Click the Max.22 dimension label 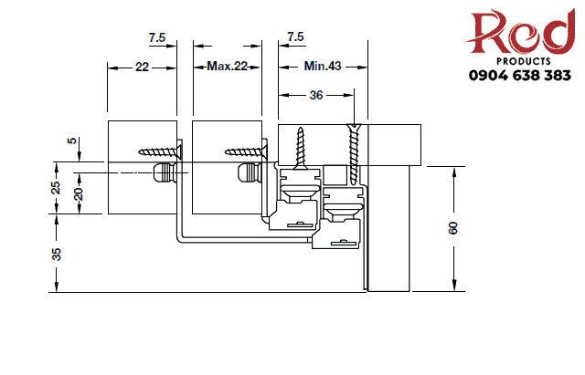click(x=227, y=67)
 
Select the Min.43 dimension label click(x=322, y=67)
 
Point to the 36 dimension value click(x=316, y=94)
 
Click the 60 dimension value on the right click(x=453, y=228)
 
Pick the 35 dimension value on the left click(x=57, y=255)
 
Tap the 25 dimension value click(x=57, y=188)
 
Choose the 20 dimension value click(x=79, y=193)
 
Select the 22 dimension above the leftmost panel click(x=142, y=67)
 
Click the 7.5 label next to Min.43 click(x=295, y=37)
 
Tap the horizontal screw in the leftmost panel click(x=161, y=151)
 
